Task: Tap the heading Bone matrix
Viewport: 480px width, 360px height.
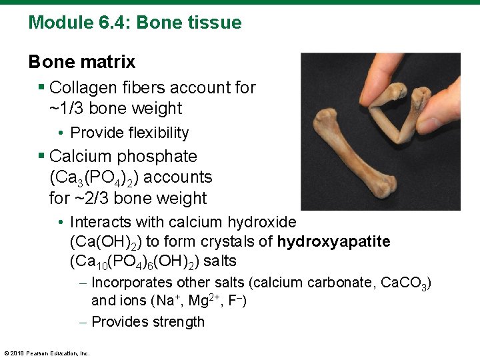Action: point(81,62)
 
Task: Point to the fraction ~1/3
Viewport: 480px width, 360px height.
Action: point(66,108)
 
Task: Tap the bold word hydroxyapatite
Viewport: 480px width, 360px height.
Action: point(333,241)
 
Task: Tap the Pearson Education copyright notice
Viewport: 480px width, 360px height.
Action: point(47,353)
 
